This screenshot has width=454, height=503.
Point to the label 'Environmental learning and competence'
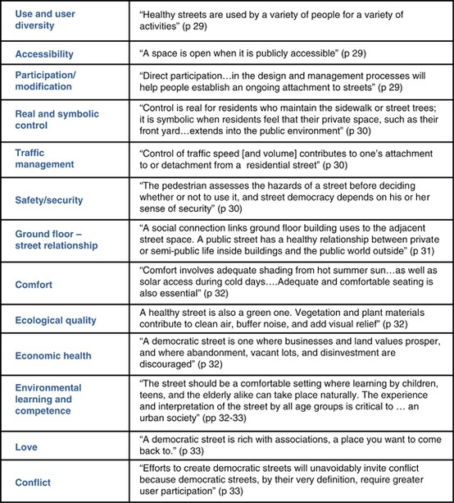pyautogui.click(x=52, y=400)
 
